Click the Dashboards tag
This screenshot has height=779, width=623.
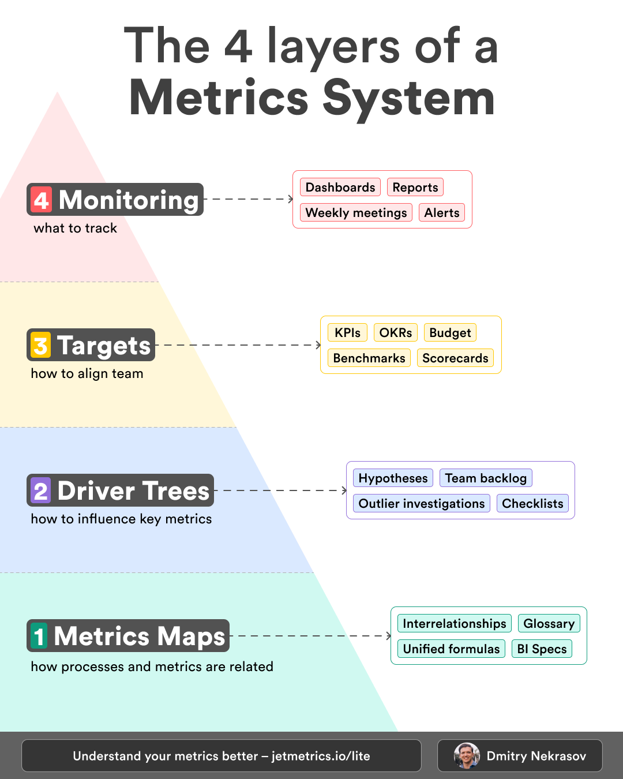340,188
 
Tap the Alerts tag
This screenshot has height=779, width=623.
442,213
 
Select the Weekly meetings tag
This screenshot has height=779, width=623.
356,213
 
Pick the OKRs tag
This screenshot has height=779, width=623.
396,333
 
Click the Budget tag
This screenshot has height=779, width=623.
450,333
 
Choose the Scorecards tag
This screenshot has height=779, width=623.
455,358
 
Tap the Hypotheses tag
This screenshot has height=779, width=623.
393,478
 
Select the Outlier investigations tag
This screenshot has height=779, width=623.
421,504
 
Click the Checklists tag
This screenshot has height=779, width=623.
532,504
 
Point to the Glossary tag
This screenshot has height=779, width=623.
549,624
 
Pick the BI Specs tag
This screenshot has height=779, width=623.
542,649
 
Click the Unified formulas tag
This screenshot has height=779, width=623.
451,649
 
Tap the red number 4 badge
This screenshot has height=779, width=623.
41,200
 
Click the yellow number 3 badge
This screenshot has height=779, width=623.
40,345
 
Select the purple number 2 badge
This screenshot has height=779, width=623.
41,490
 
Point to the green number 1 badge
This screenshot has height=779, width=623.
39,636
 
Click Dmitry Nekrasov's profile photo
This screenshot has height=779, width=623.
467,756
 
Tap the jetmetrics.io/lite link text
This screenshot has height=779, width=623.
321,756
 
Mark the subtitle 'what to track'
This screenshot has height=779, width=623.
75,229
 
